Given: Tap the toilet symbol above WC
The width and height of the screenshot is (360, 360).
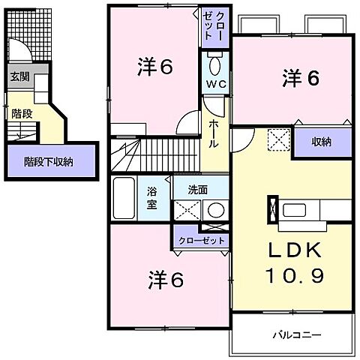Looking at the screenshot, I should click(215, 61).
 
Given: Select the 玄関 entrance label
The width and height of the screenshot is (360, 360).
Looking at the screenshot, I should click(20, 76).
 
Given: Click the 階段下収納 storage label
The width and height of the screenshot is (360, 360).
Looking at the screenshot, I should click(47, 160).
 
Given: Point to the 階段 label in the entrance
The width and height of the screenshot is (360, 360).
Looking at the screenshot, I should click(21, 114).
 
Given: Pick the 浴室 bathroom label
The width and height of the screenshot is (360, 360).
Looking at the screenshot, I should click(151, 198).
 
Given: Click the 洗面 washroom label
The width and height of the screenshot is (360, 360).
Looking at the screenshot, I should click(198, 190).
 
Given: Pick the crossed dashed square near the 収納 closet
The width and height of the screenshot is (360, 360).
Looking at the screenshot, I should click(278, 139).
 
